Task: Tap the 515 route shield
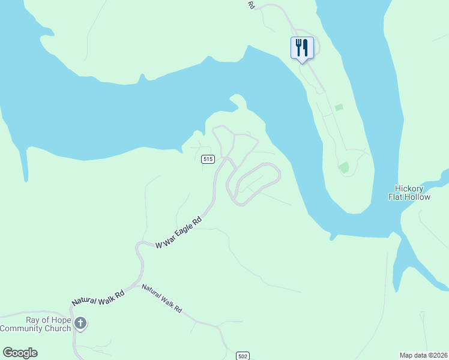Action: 208,159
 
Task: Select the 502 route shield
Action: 243,355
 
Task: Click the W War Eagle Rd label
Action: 179,233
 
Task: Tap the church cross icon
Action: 80,324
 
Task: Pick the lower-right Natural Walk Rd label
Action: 162,299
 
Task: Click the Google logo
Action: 20,353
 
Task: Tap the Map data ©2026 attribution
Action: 423,355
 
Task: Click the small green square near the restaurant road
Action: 339,107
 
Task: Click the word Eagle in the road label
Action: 185,229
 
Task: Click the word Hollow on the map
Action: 417,197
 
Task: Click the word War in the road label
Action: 169,238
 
